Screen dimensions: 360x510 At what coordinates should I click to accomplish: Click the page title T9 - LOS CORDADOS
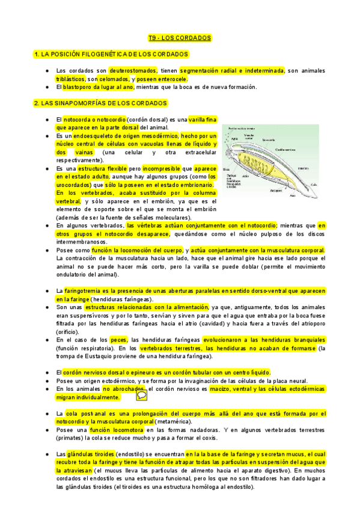point(180,38)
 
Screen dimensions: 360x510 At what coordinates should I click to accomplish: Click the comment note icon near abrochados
point(142,395)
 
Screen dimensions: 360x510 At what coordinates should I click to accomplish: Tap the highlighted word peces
point(118,340)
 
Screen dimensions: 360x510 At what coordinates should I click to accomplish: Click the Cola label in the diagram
point(313,185)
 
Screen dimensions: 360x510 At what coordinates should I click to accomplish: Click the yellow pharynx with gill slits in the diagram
point(255,165)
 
